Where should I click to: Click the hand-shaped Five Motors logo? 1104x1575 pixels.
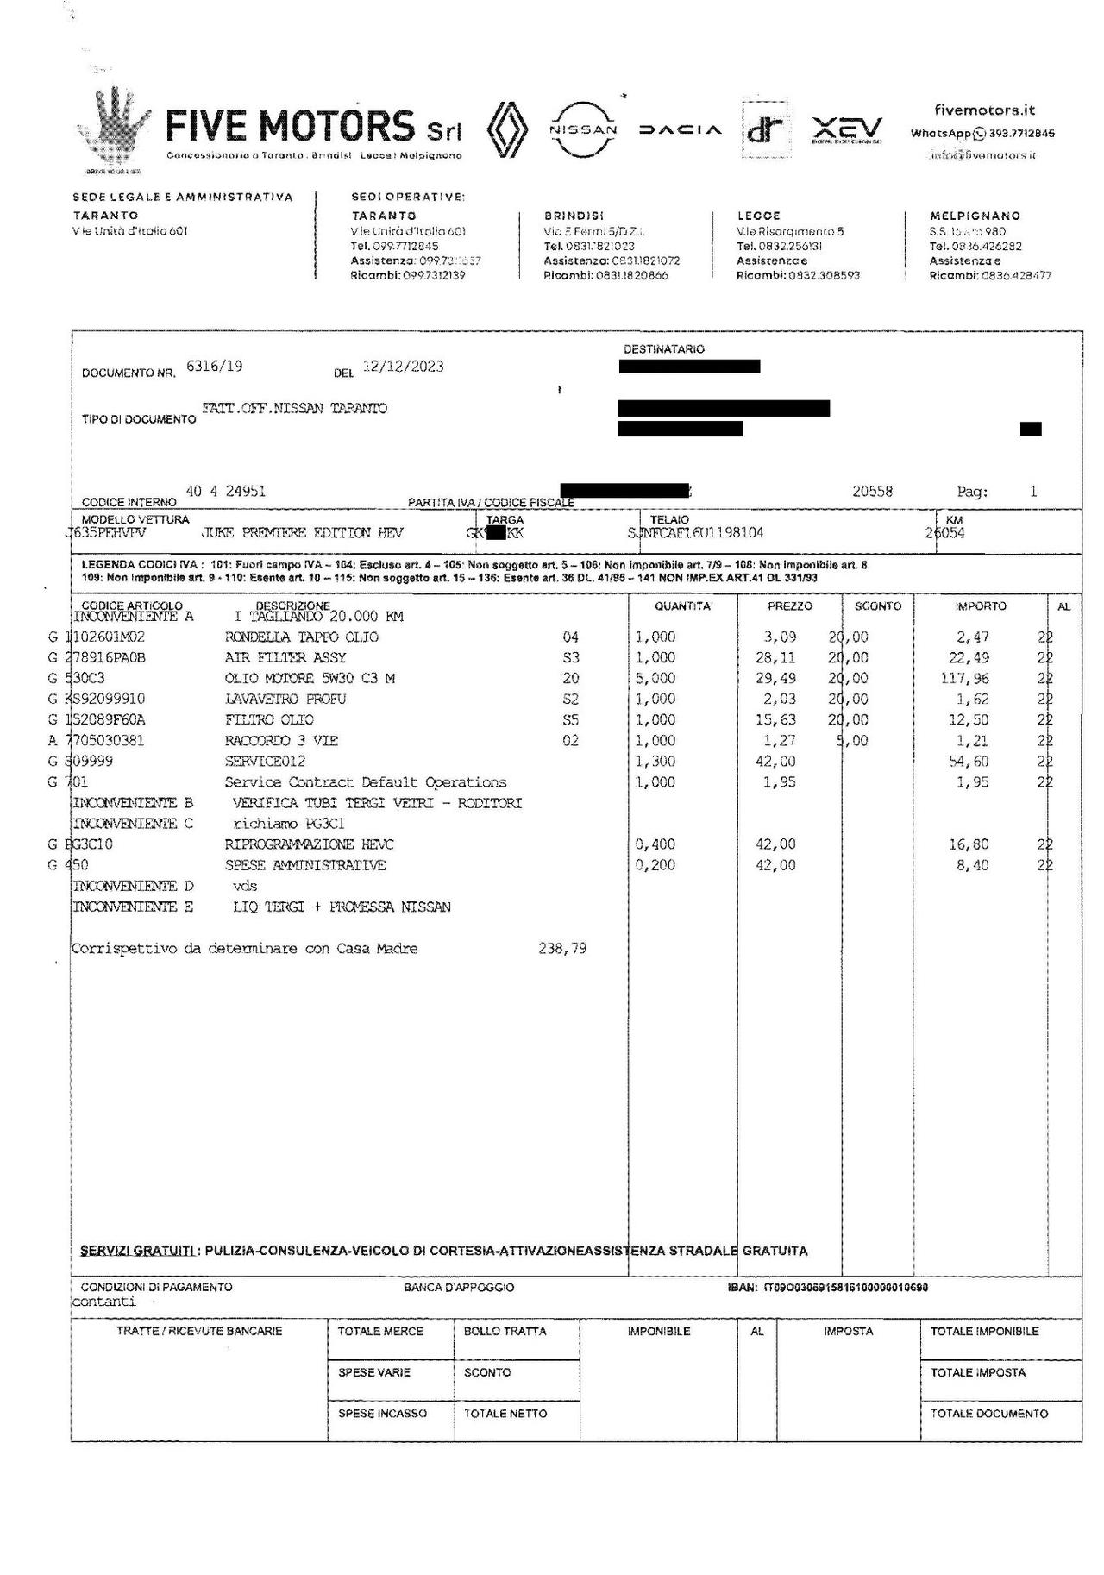coord(116,129)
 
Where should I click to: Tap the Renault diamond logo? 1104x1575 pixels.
coord(506,130)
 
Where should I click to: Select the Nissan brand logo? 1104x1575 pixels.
coord(583,129)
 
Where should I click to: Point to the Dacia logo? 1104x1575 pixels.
coord(680,130)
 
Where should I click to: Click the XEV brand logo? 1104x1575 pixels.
coord(847,130)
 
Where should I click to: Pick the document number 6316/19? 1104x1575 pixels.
coord(214,366)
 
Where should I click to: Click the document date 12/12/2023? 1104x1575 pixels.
coord(403,366)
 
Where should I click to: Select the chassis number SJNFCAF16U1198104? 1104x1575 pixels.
coord(696,533)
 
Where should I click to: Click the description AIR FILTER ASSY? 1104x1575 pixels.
coord(285,657)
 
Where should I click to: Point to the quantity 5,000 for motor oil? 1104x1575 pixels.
coord(655,678)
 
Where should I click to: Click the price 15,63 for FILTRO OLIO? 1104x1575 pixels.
coord(780,719)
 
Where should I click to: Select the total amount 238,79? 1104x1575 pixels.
coord(561,948)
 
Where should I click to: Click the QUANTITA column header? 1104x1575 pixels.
coord(682,606)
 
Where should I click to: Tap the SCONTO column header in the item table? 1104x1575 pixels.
coord(877,606)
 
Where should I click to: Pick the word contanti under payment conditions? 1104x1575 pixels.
coord(103,1302)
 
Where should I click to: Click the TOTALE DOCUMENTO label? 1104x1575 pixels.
coord(988,1414)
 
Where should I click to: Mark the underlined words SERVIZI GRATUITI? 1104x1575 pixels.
coord(136,1251)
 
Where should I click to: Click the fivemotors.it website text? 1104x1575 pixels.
coord(984,110)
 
